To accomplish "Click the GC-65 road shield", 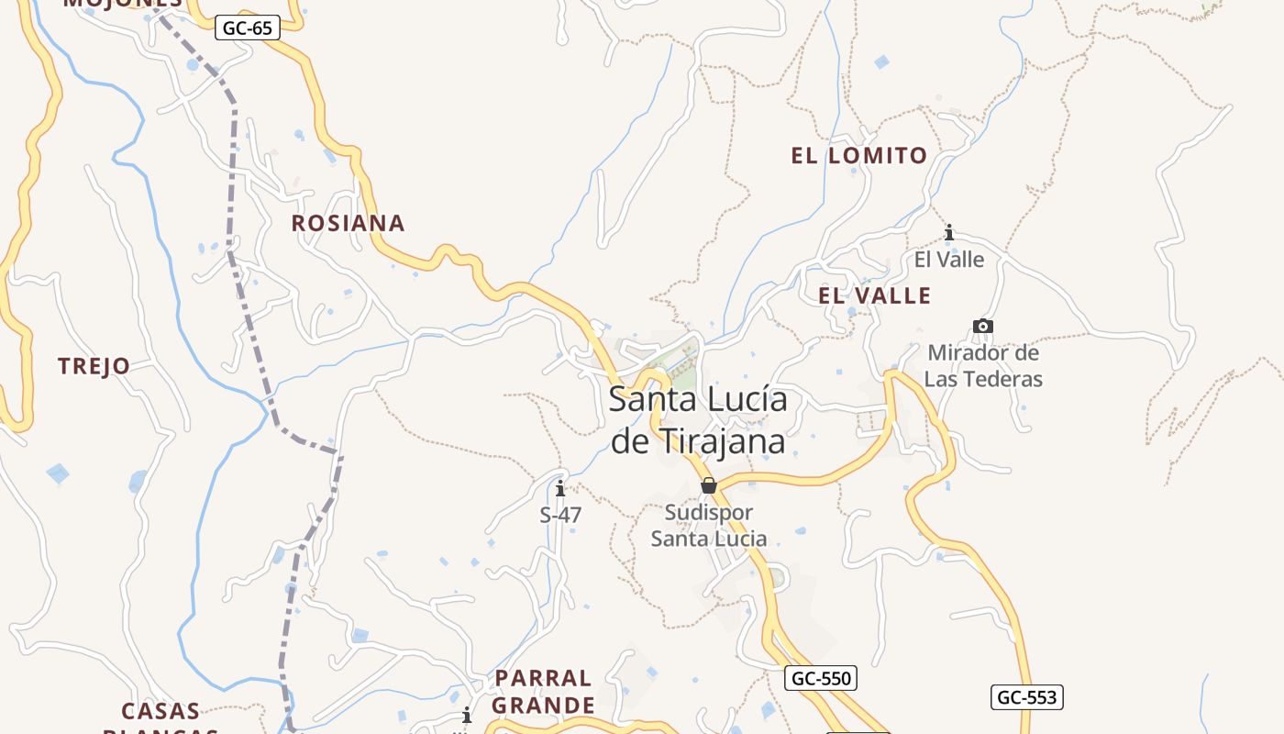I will pyautogui.click(x=248, y=28).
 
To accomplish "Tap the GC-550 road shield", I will pyautogui.click(x=821, y=679).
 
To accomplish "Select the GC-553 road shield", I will pyautogui.click(x=1026, y=697).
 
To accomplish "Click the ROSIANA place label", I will pyautogui.click(x=348, y=223).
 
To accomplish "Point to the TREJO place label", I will pyautogui.click(x=94, y=366).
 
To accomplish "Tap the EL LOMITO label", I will pyautogui.click(x=859, y=156).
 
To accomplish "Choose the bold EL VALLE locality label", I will pyautogui.click(x=874, y=295).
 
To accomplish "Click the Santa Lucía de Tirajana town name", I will pyautogui.click(x=698, y=420).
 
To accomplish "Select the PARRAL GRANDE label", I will pyautogui.click(x=544, y=692).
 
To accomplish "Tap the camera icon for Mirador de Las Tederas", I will pyautogui.click(x=982, y=326).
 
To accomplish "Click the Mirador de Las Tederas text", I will pyautogui.click(x=982, y=365).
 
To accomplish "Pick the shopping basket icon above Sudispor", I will pyautogui.click(x=708, y=485).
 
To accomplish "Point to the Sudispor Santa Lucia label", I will pyautogui.click(x=708, y=525).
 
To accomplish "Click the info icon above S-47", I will pyautogui.click(x=560, y=488).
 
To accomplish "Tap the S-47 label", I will pyautogui.click(x=560, y=515).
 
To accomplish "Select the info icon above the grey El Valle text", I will pyautogui.click(x=949, y=233).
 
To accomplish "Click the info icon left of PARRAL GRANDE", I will pyautogui.click(x=467, y=715).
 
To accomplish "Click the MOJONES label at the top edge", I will pyautogui.click(x=123, y=4).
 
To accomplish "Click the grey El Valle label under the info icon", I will pyautogui.click(x=949, y=260).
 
